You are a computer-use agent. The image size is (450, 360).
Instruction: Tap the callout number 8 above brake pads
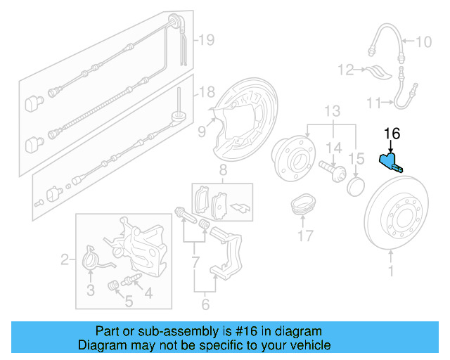coord(222,169)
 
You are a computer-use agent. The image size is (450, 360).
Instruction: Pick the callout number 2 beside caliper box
coord(65,261)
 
